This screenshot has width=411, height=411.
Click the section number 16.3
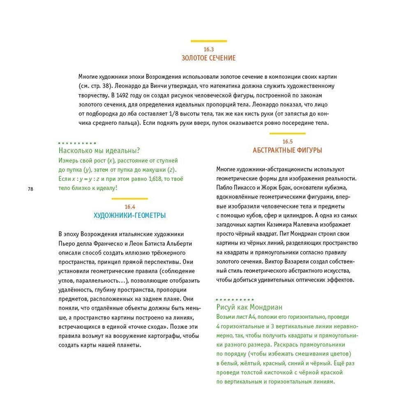point(209,50)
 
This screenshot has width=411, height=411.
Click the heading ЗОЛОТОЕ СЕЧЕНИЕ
point(209,58)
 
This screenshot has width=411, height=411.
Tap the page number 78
point(30,189)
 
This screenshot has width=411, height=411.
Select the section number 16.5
point(287,142)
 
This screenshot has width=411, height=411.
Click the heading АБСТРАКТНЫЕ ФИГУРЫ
point(287,150)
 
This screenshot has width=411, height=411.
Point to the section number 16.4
point(130,207)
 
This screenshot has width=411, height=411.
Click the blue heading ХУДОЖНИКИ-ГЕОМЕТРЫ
point(130,215)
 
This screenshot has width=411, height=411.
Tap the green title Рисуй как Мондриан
point(249,307)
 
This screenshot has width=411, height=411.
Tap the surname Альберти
point(180,243)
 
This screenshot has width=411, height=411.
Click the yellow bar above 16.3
point(209,41)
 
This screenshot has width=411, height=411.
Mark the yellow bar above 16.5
point(287,134)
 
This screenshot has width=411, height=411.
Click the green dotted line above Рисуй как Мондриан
point(235,300)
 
